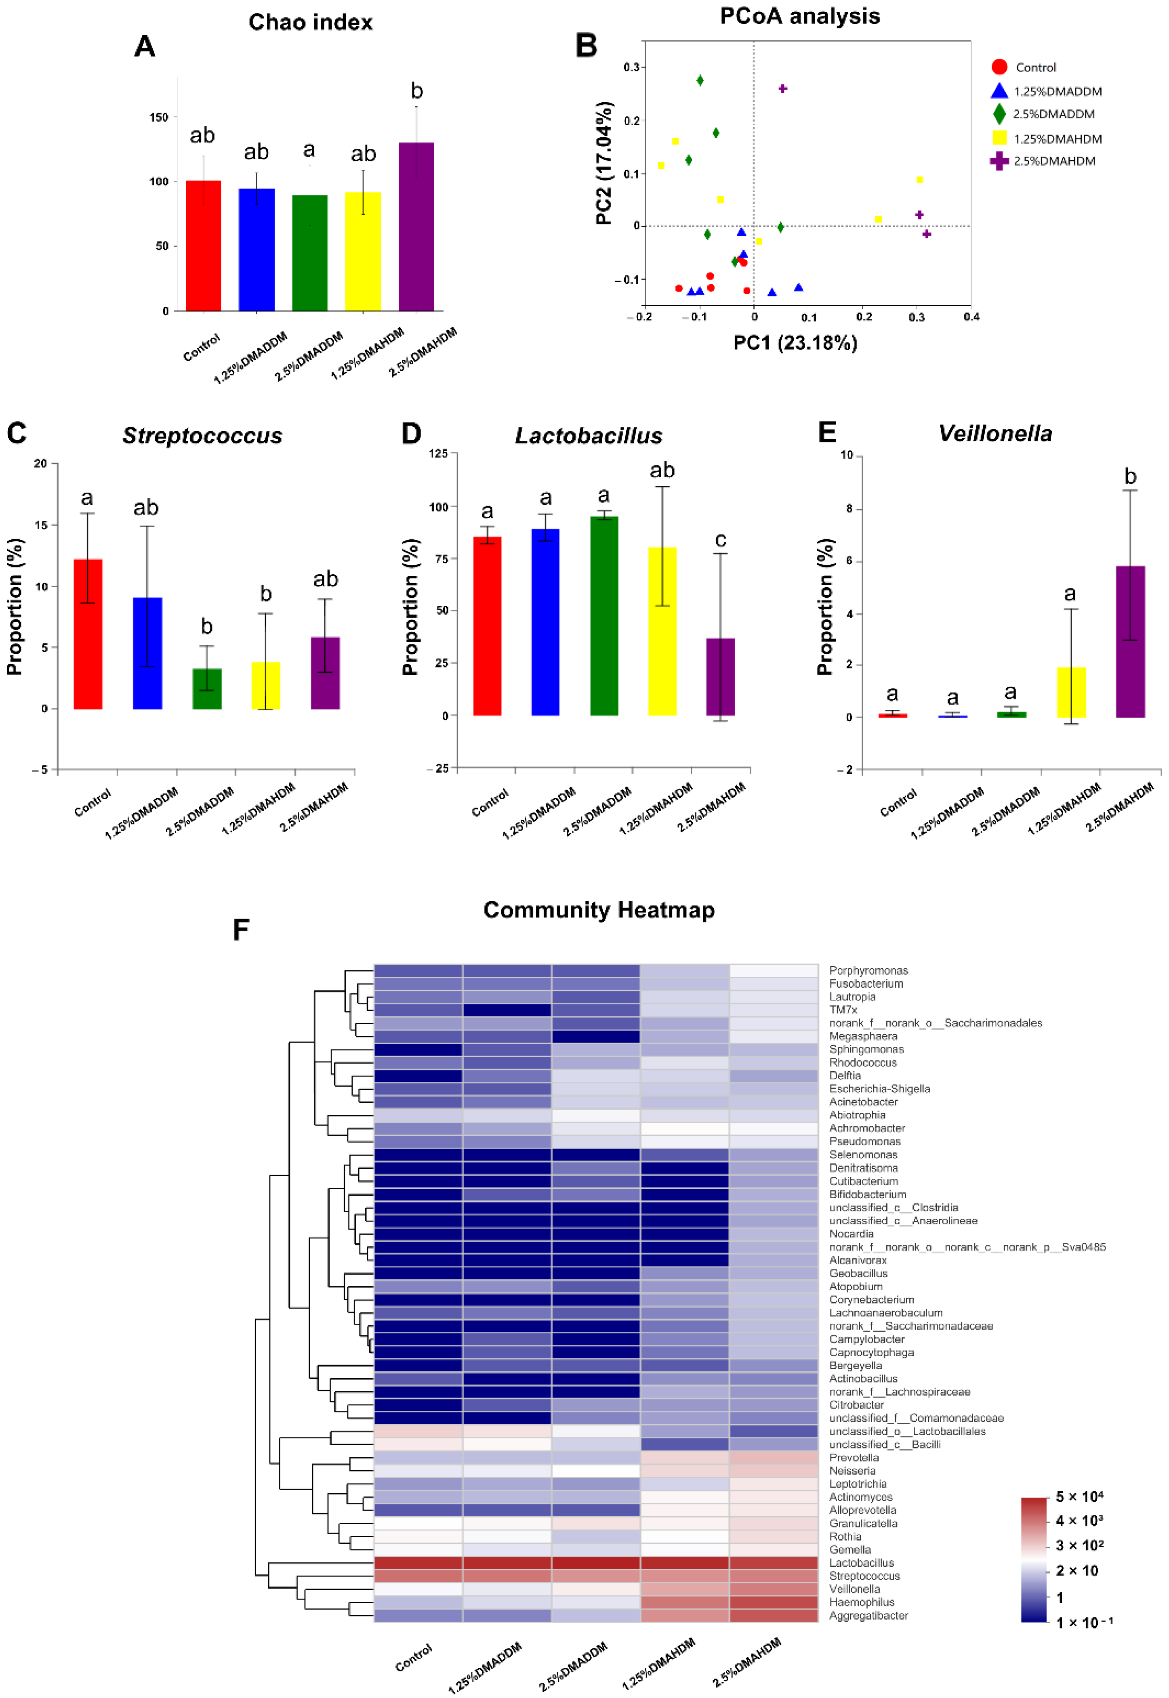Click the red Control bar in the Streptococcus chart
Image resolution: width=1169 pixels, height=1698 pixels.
[x=88, y=633]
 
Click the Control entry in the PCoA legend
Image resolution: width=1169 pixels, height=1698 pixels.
[x=1035, y=67]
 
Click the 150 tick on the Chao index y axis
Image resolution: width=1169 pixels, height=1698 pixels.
[x=159, y=117]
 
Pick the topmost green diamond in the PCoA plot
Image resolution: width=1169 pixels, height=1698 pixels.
[x=700, y=80]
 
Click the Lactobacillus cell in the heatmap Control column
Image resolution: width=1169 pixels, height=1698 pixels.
[x=418, y=1563]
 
